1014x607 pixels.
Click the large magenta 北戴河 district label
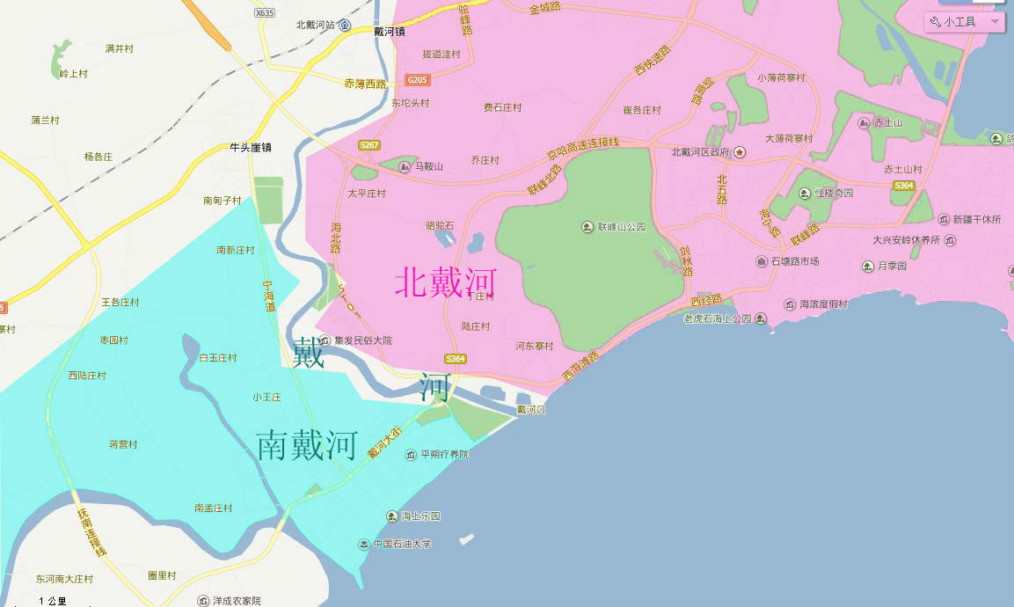click(x=446, y=282)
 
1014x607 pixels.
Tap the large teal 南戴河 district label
click(x=307, y=446)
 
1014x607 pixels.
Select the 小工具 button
click(x=964, y=22)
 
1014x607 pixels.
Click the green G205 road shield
click(x=418, y=80)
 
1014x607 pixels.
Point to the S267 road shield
click(x=369, y=145)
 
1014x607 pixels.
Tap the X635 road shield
click(x=264, y=12)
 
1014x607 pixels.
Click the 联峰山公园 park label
click(x=622, y=227)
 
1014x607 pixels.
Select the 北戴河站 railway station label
click(x=317, y=25)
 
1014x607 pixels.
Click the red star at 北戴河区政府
click(x=740, y=152)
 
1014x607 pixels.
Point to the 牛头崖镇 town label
click(x=251, y=148)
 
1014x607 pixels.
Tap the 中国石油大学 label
click(x=402, y=545)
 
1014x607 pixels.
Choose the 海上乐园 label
click(x=420, y=516)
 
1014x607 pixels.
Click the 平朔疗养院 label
click(x=444, y=455)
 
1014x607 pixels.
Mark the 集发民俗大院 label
click(x=363, y=340)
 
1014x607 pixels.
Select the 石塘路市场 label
click(x=795, y=261)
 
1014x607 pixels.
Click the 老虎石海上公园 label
click(x=718, y=318)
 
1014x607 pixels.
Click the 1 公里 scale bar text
click(x=53, y=601)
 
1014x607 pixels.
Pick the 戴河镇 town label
click(x=389, y=32)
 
